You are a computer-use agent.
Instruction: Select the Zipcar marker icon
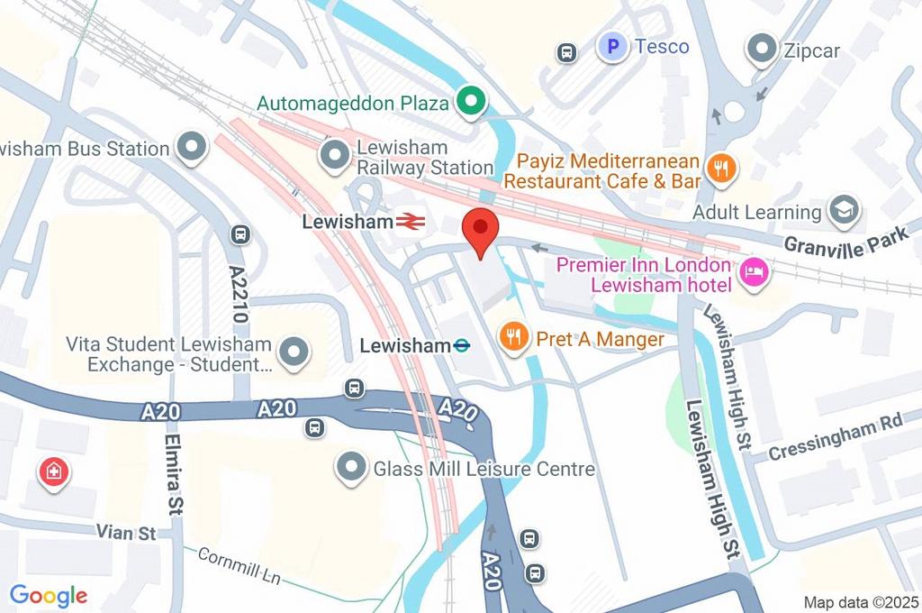pos(763,50)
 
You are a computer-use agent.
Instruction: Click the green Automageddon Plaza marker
pos(468,103)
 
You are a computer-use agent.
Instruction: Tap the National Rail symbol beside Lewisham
pos(410,221)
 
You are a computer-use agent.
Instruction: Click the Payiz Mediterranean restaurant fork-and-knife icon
pos(721,169)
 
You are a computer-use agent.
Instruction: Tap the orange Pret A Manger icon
pos(513,338)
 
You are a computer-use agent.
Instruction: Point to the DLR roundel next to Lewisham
pos(462,344)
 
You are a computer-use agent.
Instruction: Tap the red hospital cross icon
pos(53,471)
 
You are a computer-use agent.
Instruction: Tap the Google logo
pos(49,595)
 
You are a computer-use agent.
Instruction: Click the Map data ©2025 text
pos(860,601)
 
